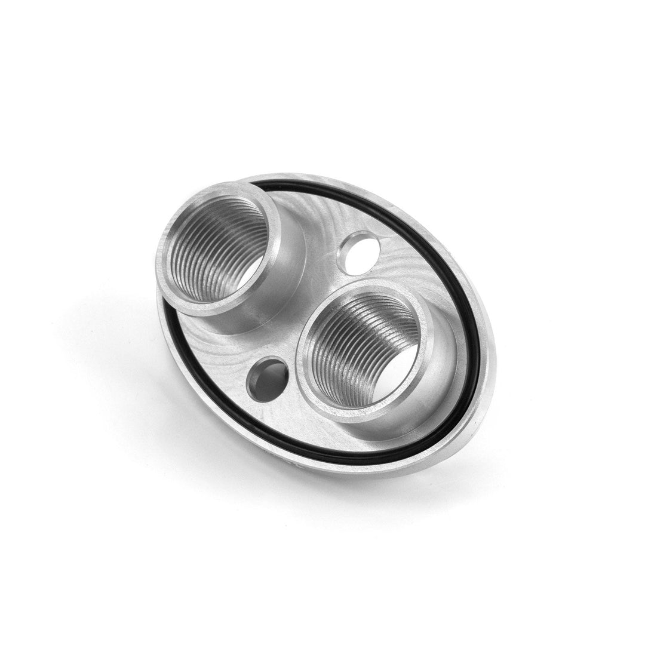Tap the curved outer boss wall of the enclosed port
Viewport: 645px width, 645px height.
click(x=445, y=382)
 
